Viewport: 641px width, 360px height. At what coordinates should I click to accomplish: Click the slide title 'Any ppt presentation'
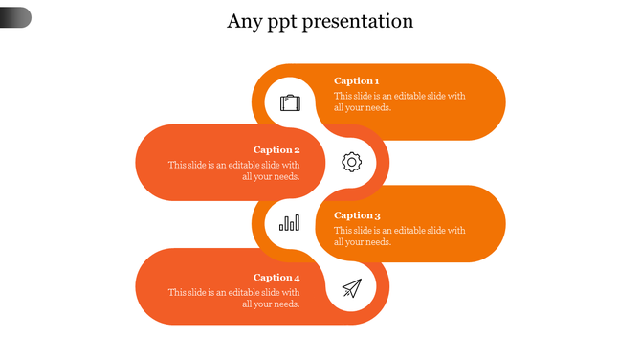(x=320, y=21)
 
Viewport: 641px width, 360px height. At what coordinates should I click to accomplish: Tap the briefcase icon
(x=290, y=102)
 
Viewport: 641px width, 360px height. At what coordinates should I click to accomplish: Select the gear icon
(x=352, y=162)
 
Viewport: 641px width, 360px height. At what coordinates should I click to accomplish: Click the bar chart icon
(x=289, y=223)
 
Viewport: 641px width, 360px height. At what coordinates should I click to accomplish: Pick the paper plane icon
(x=352, y=287)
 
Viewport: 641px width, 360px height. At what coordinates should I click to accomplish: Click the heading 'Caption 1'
(x=357, y=81)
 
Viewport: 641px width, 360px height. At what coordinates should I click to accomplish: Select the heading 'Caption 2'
(x=276, y=150)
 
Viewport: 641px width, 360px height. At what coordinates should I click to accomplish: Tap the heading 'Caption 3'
(x=357, y=216)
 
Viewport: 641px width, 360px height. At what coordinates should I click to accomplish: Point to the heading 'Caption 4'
(x=276, y=278)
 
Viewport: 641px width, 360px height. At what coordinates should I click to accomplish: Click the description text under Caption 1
(x=399, y=101)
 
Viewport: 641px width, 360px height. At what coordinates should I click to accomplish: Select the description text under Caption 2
(x=234, y=170)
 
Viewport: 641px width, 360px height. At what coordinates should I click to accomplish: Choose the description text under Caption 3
(x=399, y=236)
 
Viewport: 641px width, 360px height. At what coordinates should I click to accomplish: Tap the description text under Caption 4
(x=234, y=298)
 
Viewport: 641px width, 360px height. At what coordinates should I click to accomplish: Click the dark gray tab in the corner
(x=15, y=17)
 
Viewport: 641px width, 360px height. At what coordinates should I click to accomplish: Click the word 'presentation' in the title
(x=358, y=21)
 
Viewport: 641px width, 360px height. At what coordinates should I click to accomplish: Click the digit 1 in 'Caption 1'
(x=377, y=81)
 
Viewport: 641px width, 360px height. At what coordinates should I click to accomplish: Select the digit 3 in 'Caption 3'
(x=378, y=216)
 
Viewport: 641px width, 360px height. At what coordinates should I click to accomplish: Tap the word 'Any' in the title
(x=243, y=22)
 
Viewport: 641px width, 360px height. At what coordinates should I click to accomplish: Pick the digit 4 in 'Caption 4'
(x=297, y=278)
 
